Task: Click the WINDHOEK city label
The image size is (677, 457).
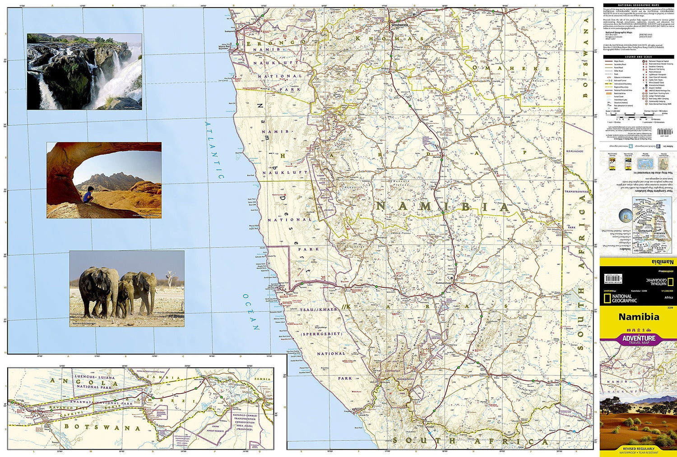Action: pyautogui.click(x=399, y=26)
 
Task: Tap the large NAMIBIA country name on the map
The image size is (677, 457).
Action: pyautogui.click(x=442, y=207)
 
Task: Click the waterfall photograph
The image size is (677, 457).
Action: pyautogui.click(x=84, y=71)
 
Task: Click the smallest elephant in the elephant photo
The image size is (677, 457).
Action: pyautogui.click(x=125, y=299)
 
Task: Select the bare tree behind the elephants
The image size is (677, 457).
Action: pyautogui.click(x=170, y=277)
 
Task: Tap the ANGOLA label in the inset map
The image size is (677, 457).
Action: pyautogui.click(x=80, y=383)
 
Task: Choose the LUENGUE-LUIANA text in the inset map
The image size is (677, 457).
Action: pyautogui.click(x=94, y=377)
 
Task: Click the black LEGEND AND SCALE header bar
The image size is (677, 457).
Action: pyautogui.click(x=638, y=57)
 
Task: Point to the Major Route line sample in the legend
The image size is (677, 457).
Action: pyautogui.click(x=609, y=61)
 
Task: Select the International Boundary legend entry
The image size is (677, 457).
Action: pyautogui.click(x=623, y=84)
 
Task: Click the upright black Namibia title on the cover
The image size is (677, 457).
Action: pyautogui.click(x=638, y=317)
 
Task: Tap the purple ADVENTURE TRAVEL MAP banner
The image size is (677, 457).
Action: pyautogui.click(x=638, y=339)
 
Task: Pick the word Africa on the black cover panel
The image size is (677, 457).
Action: pyautogui.click(x=668, y=297)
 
